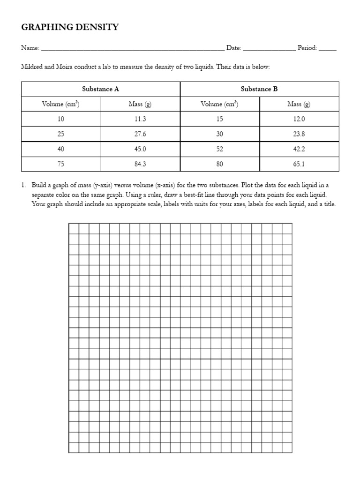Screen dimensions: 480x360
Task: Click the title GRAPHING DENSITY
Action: point(70,27)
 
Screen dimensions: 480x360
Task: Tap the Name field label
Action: point(30,48)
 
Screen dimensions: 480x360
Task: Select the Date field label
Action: point(233,48)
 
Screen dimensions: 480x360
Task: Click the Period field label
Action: point(307,48)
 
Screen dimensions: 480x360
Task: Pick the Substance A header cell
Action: point(100,89)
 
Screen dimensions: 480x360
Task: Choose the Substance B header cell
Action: point(259,89)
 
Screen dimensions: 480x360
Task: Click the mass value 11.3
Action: point(140,119)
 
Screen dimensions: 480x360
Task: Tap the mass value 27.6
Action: point(140,134)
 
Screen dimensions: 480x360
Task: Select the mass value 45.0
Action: point(140,149)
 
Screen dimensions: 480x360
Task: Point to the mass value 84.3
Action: point(140,164)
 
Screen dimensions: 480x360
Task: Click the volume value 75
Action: point(61,164)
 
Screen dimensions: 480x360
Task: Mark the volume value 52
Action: point(220,149)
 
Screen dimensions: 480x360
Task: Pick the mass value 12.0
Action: point(299,119)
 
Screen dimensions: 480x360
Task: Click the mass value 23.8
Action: point(299,134)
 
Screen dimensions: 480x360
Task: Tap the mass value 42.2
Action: point(299,149)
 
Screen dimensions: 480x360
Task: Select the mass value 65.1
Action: point(299,164)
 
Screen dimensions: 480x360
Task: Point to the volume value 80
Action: point(220,164)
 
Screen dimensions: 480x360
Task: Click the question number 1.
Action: point(23,185)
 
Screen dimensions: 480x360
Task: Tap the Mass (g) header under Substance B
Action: point(299,104)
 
